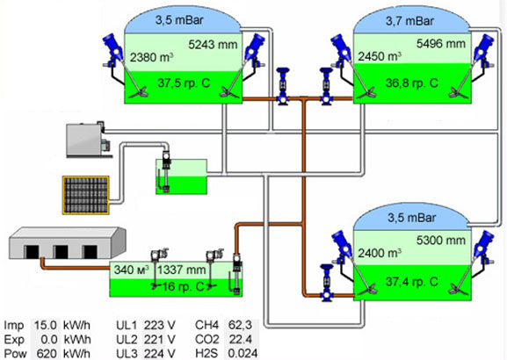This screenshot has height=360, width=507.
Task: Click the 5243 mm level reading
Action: coord(213,45)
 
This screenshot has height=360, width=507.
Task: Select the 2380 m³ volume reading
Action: coord(152,57)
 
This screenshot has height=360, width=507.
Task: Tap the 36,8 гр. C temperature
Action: coord(412,83)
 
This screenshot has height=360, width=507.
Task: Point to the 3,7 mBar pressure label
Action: coord(409,21)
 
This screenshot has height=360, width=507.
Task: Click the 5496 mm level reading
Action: coord(441,44)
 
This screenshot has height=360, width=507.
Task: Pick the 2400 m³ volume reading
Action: coord(380,253)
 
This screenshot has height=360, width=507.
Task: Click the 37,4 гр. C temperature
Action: coord(412,282)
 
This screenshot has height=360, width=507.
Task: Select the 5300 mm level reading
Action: coord(441,240)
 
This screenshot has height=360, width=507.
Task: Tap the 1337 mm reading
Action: coord(181,270)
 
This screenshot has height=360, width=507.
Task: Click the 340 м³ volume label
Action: coord(131,270)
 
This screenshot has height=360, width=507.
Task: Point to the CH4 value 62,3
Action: coord(240,325)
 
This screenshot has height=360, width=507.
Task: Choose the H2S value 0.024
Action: coord(243,353)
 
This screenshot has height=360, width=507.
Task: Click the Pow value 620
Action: coord(47,354)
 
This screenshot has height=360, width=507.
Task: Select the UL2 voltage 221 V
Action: coord(159,339)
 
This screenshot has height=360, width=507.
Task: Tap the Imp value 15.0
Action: coord(46,325)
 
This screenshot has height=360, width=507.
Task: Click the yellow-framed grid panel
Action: coord(86,195)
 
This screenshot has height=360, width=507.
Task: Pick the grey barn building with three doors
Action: coord(67,243)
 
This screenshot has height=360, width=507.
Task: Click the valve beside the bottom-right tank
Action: coord(326,283)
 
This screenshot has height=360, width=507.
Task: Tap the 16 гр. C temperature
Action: coord(183,286)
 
